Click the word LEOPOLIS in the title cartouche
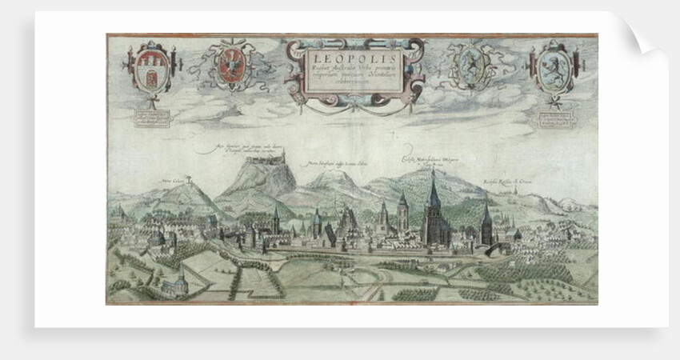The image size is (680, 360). [x=353, y=58]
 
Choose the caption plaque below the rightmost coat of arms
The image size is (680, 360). [x=553, y=118]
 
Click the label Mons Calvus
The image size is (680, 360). [x=174, y=181]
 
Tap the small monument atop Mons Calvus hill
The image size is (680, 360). [x=189, y=179]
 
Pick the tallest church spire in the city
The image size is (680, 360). [x=433, y=192]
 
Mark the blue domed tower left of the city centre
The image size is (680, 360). [x=316, y=220]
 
